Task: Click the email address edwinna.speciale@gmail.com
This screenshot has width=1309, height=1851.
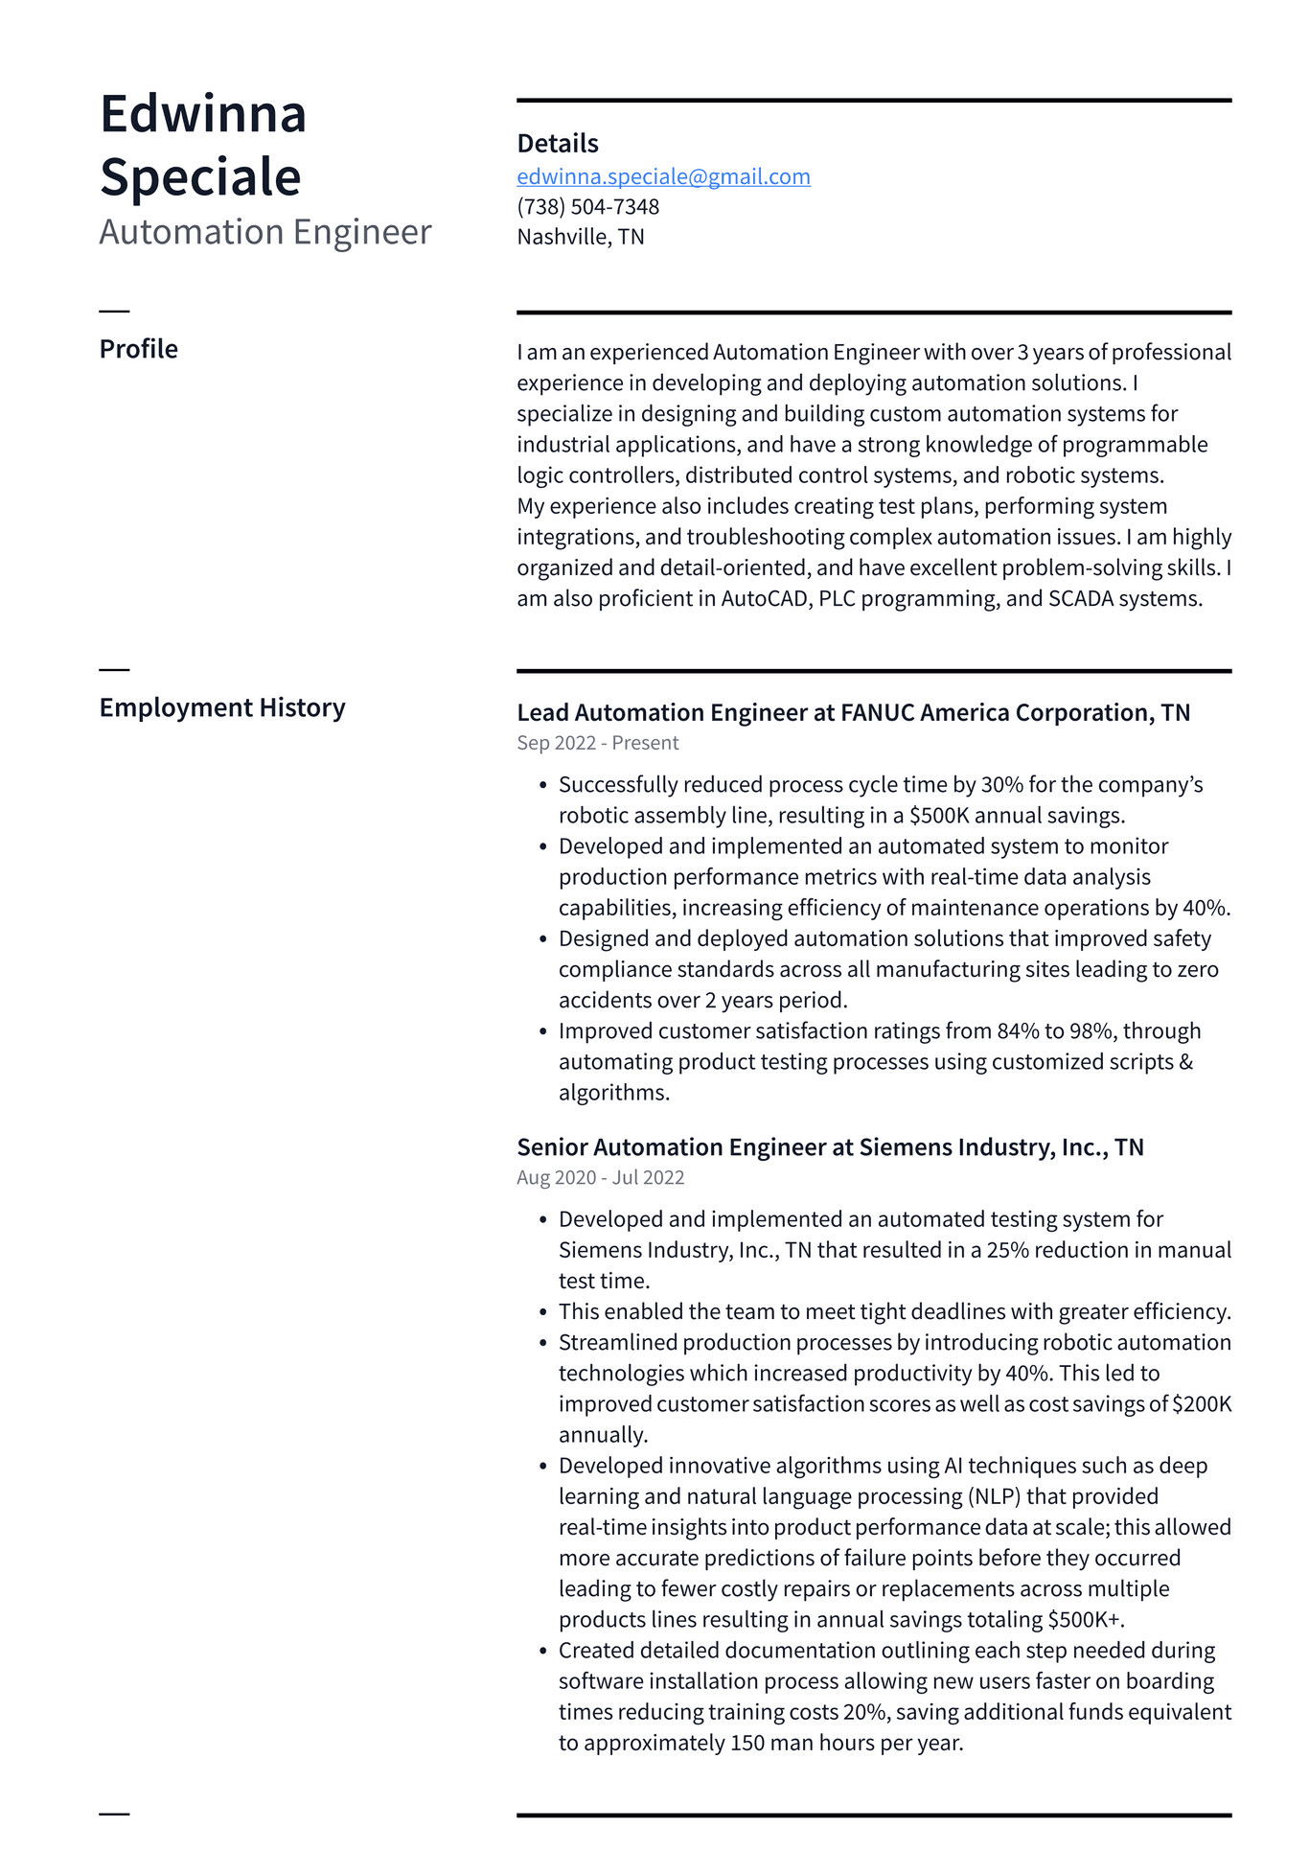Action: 663,176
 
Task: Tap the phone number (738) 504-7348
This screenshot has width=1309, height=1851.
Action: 587,207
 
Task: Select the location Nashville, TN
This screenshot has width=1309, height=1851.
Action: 580,237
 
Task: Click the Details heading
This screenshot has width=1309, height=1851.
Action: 557,144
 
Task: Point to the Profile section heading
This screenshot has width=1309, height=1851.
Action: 138,349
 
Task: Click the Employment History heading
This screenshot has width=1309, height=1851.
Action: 221,707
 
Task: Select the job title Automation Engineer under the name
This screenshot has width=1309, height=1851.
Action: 265,232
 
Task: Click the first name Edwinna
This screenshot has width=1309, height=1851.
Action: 203,114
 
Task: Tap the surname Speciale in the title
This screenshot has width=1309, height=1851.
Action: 200,177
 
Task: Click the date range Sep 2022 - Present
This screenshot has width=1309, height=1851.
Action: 597,743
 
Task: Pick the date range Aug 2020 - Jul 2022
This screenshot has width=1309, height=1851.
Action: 600,1177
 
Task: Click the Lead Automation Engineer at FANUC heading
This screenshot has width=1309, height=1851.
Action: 853,712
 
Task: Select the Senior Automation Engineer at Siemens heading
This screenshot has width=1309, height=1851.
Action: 830,1147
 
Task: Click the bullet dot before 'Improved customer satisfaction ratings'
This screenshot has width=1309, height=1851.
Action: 542,1032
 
